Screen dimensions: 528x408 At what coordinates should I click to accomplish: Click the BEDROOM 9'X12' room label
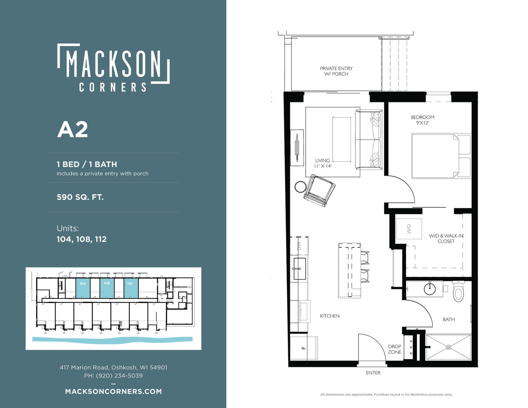pyautogui.click(x=422, y=120)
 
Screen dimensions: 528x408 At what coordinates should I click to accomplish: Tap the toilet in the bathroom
pyautogui.click(x=458, y=291)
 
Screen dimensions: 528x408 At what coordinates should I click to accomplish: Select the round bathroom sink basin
pyautogui.click(x=430, y=289)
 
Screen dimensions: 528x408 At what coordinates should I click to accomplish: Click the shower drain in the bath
pyautogui.click(x=449, y=347)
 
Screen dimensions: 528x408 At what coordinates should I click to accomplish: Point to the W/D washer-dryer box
pyautogui.click(x=409, y=229)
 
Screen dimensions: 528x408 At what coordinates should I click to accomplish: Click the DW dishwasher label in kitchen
pyautogui.click(x=299, y=246)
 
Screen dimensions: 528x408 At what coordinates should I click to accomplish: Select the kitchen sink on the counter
pyautogui.click(x=300, y=269)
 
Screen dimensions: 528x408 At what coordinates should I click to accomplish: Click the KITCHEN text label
pyautogui.click(x=329, y=316)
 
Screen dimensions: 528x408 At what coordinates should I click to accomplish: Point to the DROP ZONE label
pyautogui.click(x=394, y=349)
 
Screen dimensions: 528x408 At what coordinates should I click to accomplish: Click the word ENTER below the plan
pyautogui.click(x=373, y=373)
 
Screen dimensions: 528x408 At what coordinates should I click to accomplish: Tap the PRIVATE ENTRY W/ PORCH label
pyautogui.click(x=336, y=71)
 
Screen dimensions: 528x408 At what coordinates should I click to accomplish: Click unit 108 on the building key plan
pyautogui.click(x=107, y=288)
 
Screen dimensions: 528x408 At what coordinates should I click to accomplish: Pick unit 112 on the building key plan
pyautogui.click(x=131, y=288)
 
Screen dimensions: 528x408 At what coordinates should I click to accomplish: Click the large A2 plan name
pyautogui.click(x=73, y=130)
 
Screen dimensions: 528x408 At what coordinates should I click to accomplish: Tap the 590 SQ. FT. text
pyautogui.click(x=80, y=197)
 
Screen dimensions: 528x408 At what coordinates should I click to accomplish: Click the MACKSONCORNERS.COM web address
pyautogui.click(x=113, y=391)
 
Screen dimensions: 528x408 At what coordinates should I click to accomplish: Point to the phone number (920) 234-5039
pyautogui.click(x=120, y=376)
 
